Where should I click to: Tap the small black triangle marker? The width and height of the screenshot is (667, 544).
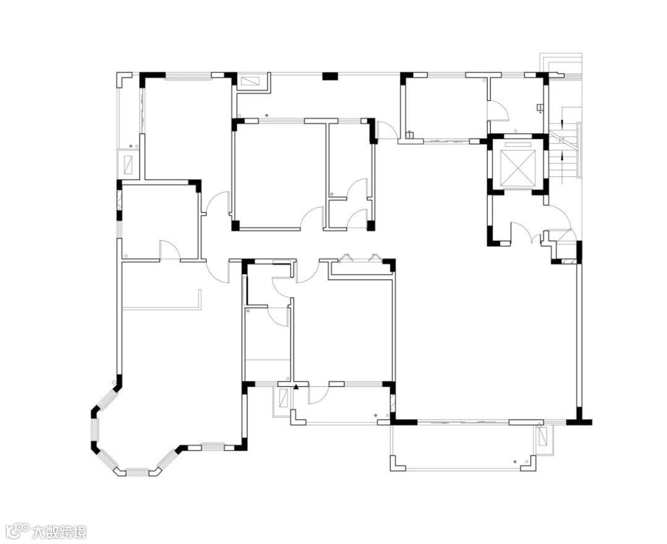[296, 387]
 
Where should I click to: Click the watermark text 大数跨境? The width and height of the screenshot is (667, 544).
[59, 532]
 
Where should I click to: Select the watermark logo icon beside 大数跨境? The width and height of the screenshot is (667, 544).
[19, 532]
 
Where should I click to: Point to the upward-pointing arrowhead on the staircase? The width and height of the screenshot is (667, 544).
[563, 156]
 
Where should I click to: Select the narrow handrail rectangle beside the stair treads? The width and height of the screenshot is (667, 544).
[579, 149]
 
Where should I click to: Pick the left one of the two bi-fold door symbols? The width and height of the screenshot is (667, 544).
[348, 257]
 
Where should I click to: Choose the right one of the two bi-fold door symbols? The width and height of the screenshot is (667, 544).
[375, 257]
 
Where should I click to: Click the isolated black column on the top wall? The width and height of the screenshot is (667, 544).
[330, 77]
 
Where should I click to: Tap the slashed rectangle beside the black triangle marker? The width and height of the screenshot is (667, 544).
[283, 397]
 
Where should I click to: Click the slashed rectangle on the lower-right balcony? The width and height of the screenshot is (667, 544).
[543, 435]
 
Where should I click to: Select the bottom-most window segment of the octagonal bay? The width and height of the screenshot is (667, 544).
[137, 471]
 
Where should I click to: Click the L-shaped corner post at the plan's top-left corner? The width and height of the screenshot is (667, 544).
[124, 78]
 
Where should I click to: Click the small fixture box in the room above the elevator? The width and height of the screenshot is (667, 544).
[540, 108]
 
